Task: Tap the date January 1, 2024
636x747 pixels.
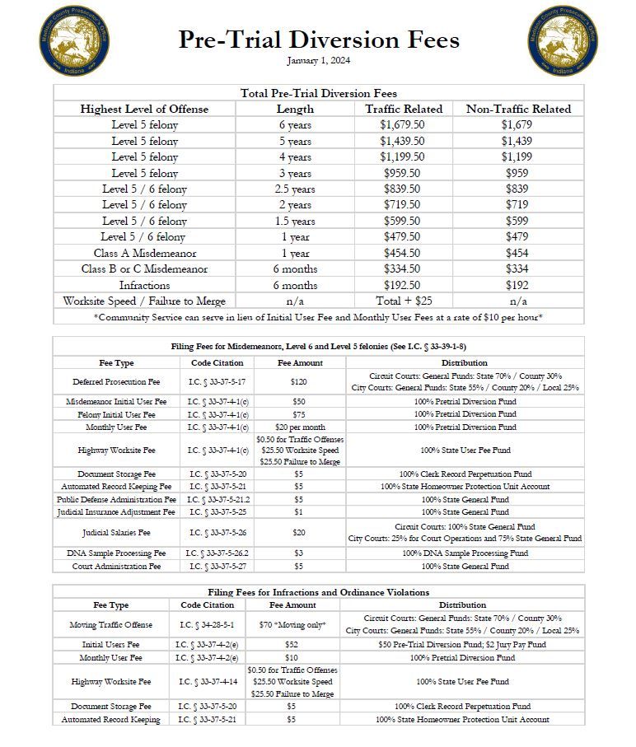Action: [319, 61]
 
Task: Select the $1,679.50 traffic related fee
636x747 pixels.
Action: [402, 125]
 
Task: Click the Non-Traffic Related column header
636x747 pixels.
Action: [518, 109]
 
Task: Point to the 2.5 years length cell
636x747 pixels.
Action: [295, 189]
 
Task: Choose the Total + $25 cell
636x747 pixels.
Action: [403, 301]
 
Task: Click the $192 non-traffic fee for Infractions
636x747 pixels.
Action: [517, 285]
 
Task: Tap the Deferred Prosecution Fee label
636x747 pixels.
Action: [115, 382]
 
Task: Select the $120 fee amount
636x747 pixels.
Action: [299, 382]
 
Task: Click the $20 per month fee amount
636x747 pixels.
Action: [299, 427]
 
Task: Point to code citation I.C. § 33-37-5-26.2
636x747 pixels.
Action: [217, 553]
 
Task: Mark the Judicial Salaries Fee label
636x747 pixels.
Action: [115, 533]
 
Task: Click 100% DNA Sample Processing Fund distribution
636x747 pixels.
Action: [465, 553]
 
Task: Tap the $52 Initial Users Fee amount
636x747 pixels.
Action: [292, 645]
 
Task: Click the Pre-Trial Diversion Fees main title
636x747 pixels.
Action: [319, 40]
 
